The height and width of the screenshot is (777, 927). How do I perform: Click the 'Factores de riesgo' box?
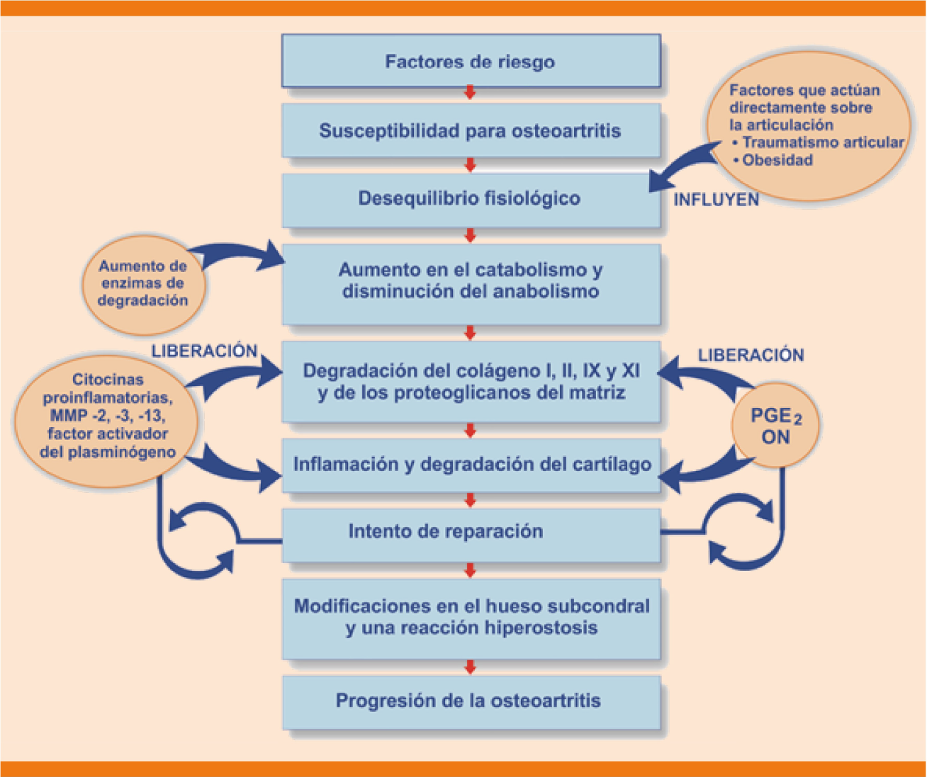(470, 62)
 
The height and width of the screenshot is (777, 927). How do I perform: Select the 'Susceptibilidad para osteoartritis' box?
(470, 131)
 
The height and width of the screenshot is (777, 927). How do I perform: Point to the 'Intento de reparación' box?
(446, 532)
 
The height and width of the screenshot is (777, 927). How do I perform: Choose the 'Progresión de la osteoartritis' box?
(468, 701)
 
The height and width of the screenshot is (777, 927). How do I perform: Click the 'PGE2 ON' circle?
(775, 426)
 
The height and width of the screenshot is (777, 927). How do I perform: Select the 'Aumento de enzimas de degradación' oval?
(143, 283)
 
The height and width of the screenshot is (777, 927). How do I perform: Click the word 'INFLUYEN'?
(716, 200)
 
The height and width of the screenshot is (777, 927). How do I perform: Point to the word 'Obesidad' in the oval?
(777, 160)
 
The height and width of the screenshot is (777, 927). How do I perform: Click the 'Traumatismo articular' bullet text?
(823, 142)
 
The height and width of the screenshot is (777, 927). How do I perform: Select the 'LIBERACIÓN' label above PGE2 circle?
(751, 356)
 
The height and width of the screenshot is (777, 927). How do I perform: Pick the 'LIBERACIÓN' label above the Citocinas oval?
(205, 351)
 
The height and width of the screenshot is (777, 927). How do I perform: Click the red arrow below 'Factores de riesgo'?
(470, 93)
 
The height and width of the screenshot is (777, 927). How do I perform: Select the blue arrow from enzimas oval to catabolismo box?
(241, 254)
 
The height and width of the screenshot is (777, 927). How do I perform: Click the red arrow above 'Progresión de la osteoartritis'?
(470, 667)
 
